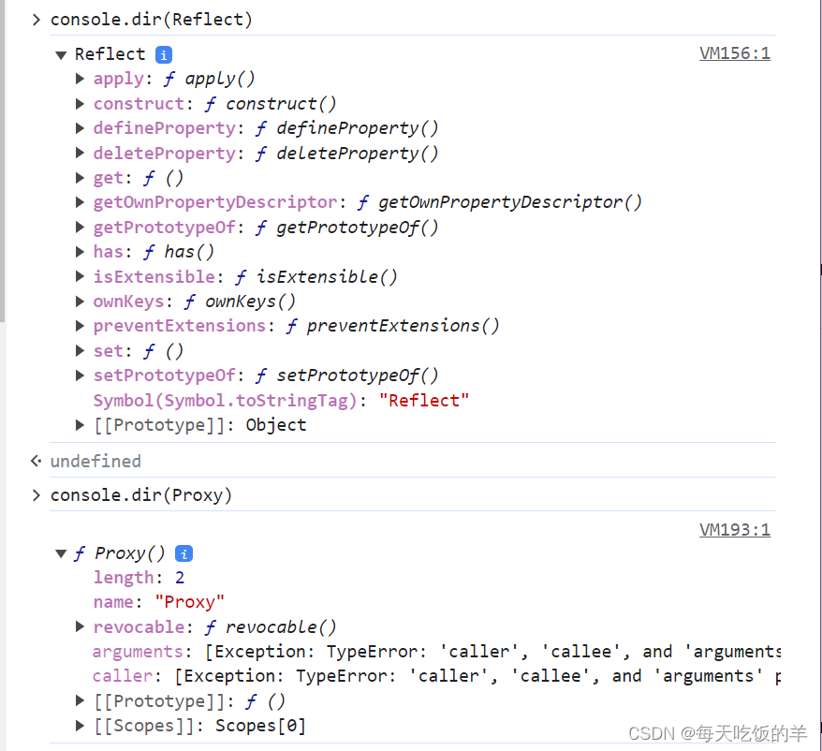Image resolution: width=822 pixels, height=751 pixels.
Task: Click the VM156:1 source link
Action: click(734, 53)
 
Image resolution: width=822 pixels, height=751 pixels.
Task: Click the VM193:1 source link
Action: click(734, 530)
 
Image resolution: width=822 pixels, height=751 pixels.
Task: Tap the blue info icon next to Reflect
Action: click(164, 54)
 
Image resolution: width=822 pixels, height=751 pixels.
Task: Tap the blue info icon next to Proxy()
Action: click(184, 553)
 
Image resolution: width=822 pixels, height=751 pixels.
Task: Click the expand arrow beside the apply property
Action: click(81, 79)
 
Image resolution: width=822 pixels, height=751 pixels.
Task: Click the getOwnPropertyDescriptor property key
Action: click(214, 202)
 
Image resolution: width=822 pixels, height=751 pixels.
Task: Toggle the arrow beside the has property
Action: click(81, 252)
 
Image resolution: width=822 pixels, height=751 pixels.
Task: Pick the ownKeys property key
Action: click(128, 302)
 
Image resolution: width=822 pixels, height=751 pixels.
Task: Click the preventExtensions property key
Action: click(179, 326)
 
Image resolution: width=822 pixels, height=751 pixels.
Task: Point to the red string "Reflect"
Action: click(423, 401)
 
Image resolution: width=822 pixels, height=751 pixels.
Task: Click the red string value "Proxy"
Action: click(190, 602)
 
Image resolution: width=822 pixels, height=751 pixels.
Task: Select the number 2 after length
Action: click(180, 578)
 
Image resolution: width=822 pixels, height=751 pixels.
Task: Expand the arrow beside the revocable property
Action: click(81, 627)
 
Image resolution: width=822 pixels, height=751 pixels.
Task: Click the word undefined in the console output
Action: click(95, 461)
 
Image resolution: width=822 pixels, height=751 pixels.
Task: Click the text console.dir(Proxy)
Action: click(140, 495)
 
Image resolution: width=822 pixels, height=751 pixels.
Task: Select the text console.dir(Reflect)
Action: click(151, 19)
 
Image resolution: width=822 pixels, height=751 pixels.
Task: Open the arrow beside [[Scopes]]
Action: click(81, 726)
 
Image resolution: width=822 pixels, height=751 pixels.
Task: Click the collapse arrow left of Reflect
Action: click(61, 54)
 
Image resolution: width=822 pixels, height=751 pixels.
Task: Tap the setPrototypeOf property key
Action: click(164, 375)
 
